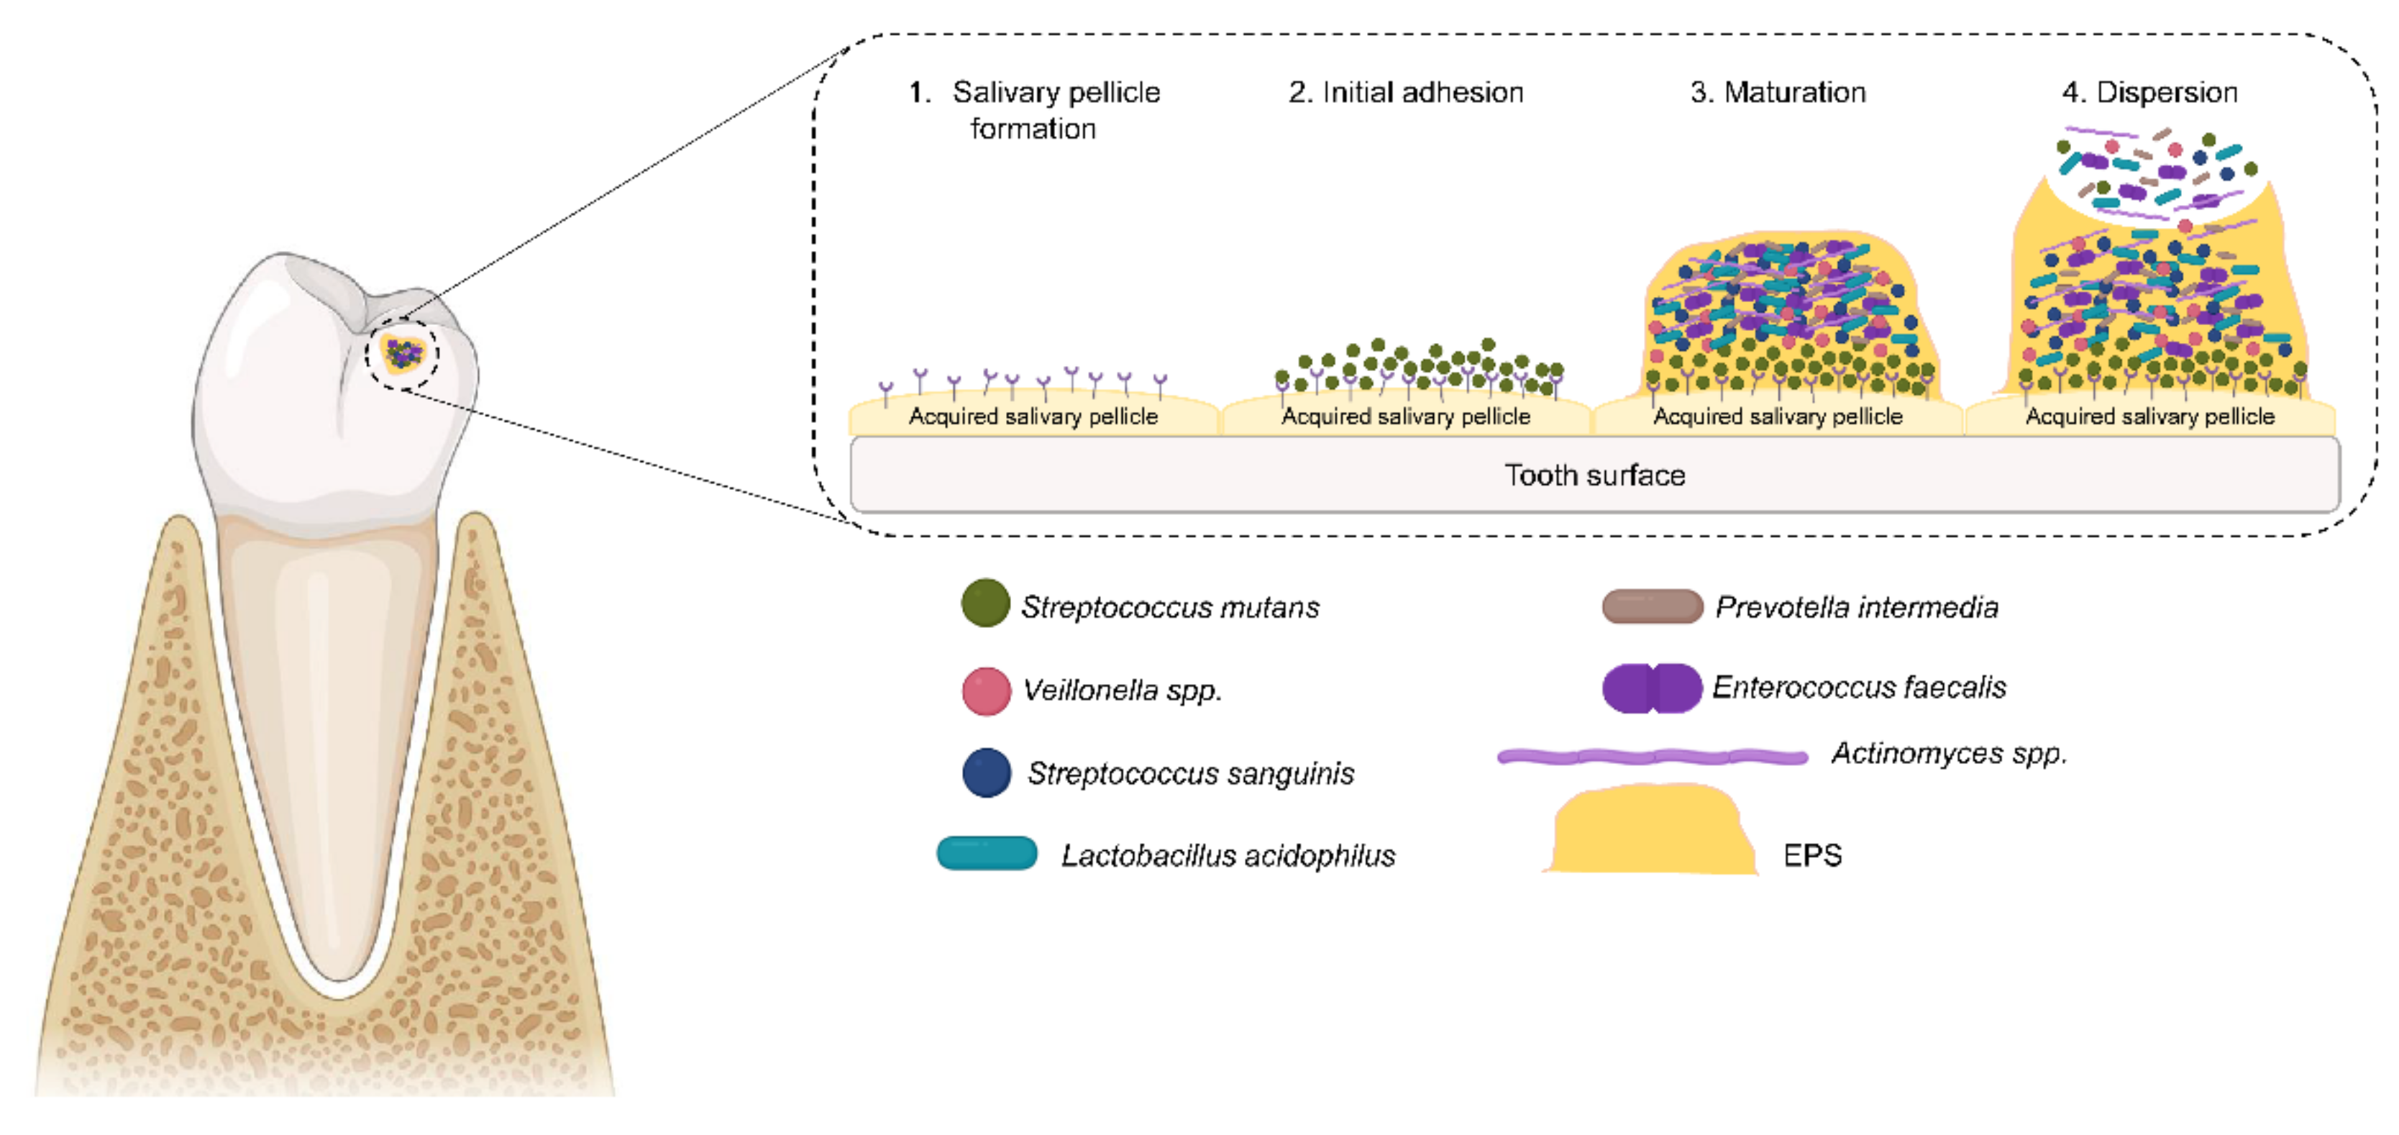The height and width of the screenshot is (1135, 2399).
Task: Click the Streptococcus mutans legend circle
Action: [x=985, y=603]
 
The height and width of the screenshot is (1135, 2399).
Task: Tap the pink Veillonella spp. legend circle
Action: [x=986, y=691]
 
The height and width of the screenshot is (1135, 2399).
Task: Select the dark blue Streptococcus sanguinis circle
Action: [x=986, y=772]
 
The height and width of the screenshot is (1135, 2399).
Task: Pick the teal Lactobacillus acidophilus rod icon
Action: [x=986, y=853]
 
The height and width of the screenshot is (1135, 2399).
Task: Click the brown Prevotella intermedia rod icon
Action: [x=1651, y=606]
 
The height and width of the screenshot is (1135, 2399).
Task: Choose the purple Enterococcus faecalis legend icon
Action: [x=1651, y=688]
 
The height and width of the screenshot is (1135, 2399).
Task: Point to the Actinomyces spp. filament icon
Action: [x=1651, y=757]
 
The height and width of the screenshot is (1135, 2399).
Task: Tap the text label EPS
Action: [x=1811, y=854]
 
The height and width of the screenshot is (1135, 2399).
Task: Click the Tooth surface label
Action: [x=1594, y=475]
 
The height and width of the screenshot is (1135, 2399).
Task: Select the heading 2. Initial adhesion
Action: [x=1405, y=92]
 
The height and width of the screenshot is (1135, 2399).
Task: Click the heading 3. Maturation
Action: [x=1777, y=92]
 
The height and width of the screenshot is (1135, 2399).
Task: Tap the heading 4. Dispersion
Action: [x=2149, y=92]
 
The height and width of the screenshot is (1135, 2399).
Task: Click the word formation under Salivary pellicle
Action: [x=1033, y=129]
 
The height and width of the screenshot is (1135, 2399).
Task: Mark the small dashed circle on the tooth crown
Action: [x=402, y=355]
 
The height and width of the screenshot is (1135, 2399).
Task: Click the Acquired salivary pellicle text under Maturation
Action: [x=1777, y=416]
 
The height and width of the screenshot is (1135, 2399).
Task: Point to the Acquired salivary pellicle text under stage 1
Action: [x=1033, y=416]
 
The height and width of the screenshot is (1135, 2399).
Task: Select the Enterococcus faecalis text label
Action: [x=1858, y=687]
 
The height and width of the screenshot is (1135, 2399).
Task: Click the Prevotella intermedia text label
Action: [x=1856, y=607]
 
